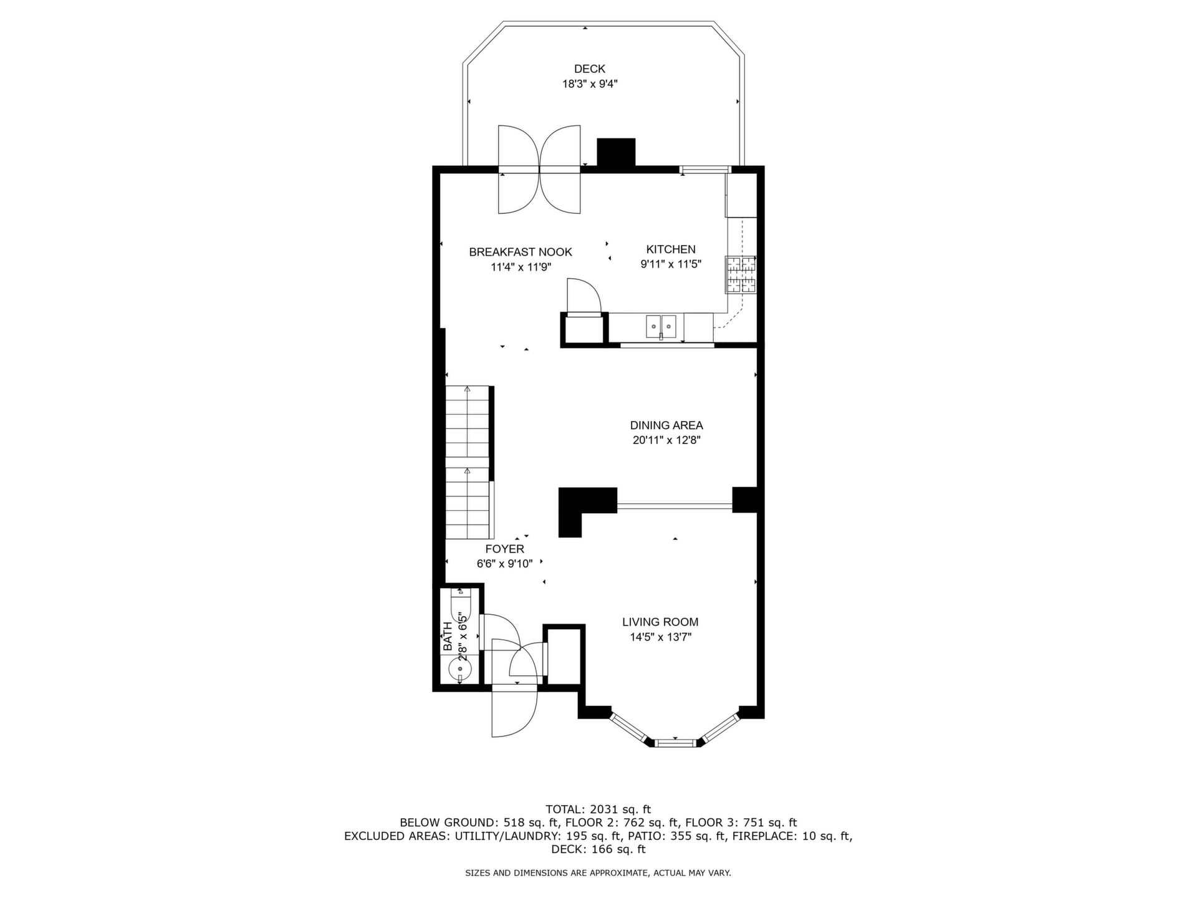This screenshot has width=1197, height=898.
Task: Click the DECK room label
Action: (x=589, y=69)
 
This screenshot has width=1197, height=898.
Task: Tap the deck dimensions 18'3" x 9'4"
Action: (x=590, y=84)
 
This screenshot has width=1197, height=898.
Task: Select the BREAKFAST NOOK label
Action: (x=521, y=252)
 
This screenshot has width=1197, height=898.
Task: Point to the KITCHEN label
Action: (x=671, y=249)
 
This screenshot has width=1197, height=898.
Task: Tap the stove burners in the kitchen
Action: (x=740, y=274)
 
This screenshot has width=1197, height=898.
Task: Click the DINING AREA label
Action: (x=666, y=425)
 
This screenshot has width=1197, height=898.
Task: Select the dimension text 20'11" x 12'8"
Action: (x=666, y=440)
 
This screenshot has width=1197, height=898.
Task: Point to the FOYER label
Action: (x=505, y=549)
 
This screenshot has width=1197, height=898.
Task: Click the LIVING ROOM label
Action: (x=660, y=622)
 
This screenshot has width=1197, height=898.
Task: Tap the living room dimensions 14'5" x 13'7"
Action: (x=660, y=637)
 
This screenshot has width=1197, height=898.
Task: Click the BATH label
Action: (x=447, y=637)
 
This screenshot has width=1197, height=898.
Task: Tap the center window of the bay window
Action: (x=675, y=742)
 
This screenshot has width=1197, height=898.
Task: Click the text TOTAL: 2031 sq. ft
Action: (x=598, y=809)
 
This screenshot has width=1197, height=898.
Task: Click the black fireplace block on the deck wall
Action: (x=616, y=152)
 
